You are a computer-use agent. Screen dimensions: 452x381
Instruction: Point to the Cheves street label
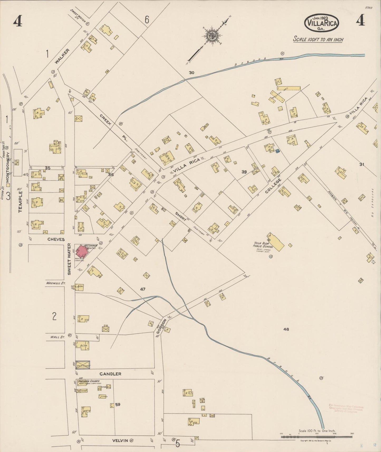pyautogui.click(x=56, y=239)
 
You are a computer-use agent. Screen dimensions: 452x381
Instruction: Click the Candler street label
pyautogui.click(x=110, y=374)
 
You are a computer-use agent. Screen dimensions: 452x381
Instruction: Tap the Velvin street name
pyautogui.click(x=120, y=440)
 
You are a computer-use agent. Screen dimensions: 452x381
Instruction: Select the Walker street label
pyautogui.click(x=62, y=56)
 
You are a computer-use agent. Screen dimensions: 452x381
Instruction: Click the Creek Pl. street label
pyautogui.click(x=113, y=127)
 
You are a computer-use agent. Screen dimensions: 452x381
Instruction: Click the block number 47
pyautogui.click(x=143, y=289)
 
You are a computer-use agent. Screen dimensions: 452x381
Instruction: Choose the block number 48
pyautogui.click(x=286, y=329)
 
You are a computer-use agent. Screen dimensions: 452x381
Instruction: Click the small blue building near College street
pyautogui.click(x=277, y=151)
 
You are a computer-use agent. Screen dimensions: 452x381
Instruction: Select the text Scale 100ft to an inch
pyautogui.click(x=318, y=40)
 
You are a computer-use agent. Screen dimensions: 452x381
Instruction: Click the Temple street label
pyautogui.click(x=21, y=202)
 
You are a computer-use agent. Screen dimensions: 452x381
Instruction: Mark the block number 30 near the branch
pyautogui.click(x=191, y=73)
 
